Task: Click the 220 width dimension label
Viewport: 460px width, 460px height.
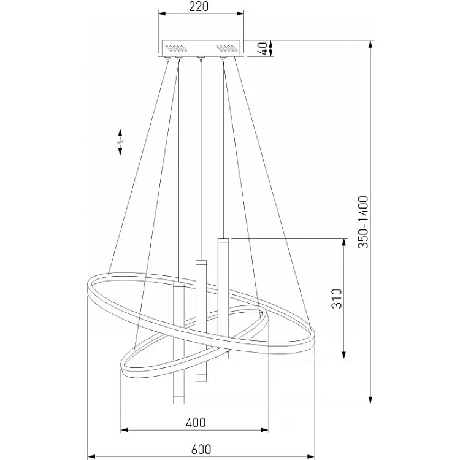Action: coord(199,7)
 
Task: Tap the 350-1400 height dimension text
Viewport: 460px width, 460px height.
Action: coord(363,223)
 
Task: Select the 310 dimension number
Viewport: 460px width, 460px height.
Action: coord(337,299)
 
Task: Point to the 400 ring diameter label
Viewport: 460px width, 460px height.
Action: coord(196,423)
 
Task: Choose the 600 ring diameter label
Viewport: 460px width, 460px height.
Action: coord(201,450)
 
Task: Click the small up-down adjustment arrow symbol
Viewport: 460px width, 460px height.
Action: coord(120,142)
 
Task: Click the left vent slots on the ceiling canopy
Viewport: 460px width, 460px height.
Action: coord(175,48)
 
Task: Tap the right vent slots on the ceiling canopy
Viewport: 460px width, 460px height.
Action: coord(226,48)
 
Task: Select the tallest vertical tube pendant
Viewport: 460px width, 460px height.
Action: coord(223,299)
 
